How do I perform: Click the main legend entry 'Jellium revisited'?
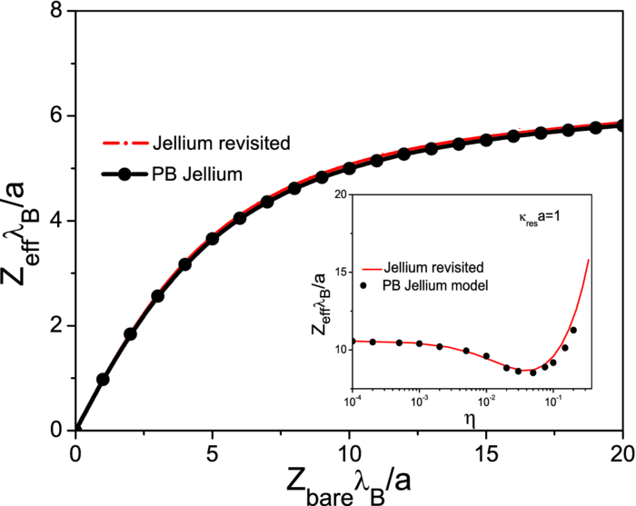click(x=209, y=143)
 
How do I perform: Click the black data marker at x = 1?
click(x=103, y=379)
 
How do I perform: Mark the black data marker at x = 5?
click(x=212, y=238)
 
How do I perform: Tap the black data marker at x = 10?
click(x=349, y=168)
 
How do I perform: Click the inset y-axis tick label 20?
click(x=334, y=194)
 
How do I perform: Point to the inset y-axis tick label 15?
click(x=334, y=272)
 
